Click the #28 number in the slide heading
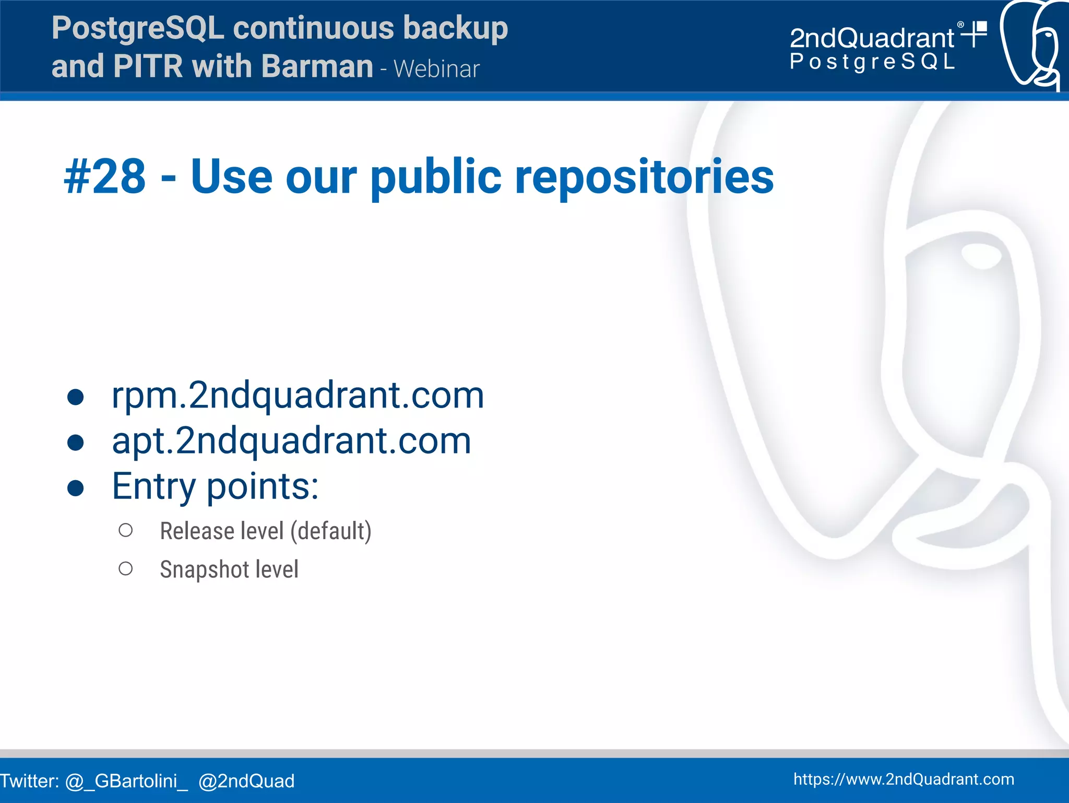pos(104,177)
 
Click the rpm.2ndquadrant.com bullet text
pos(298,395)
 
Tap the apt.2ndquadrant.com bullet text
pos(291,440)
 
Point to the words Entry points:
pos(215,486)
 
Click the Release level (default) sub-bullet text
pos(265,531)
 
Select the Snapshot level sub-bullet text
pos(229,569)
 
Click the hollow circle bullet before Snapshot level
pos(125,568)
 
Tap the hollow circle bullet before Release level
pos(125,530)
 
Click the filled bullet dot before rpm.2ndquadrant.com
pos(76,397)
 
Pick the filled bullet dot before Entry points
pos(76,488)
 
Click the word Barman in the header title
pos(317,66)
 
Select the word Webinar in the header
pos(436,69)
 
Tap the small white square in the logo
pos(981,27)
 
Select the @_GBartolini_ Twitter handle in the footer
pos(126,781)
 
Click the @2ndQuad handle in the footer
pos(246,781)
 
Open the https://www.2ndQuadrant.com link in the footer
pos(904,779)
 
